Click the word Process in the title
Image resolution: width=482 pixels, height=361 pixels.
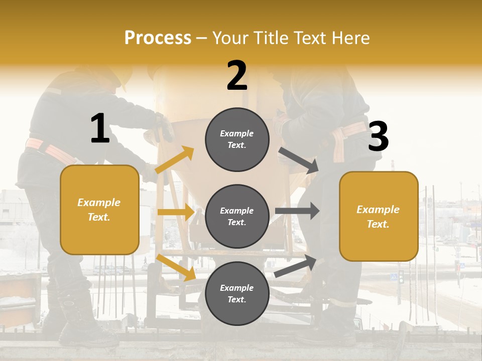[x=158, y=38]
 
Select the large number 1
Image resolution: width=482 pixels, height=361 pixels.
[x=100, y=129]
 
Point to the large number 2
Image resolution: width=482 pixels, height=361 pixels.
[x=237, y=76]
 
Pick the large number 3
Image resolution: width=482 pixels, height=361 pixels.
[x=379, y=136]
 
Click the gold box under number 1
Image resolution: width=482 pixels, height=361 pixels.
[x=99, y=210]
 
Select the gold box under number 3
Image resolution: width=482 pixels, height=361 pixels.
[x=379, y=216]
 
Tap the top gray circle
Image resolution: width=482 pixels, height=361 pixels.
[x=237, y=139]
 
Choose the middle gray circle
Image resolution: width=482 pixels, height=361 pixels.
[x=237, y=216]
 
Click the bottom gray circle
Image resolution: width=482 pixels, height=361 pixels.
[x=237, y=293]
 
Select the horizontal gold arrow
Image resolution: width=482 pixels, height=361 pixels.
[x=176, y=212]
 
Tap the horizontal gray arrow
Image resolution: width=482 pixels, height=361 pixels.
[x=297, y=211]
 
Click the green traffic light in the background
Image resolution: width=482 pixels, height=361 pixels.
[x=401, y=277]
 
